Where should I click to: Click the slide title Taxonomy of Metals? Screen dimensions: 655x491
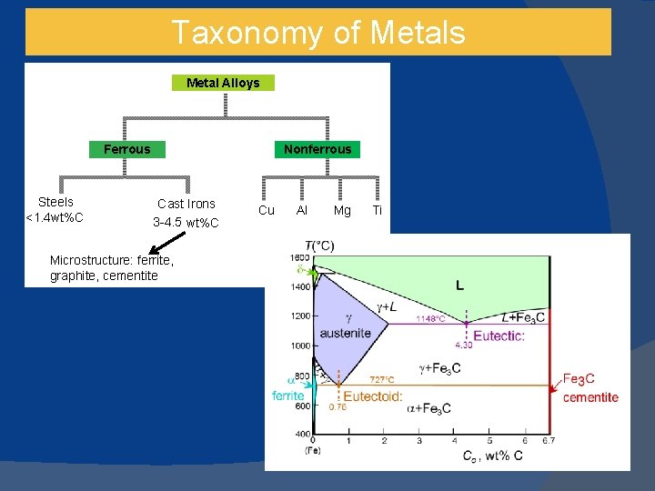(317, 33)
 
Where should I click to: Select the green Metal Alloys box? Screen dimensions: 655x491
(223, 83)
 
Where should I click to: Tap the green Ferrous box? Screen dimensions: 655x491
(127, 149)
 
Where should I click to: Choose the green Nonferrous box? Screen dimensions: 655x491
(317, 149)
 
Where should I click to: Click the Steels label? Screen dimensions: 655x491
(55, 202)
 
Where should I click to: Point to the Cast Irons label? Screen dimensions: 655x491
(186, 204)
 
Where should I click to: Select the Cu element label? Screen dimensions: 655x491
(267, 210)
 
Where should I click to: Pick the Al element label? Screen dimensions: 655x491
(302, 210)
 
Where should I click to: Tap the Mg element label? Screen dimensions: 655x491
(342, 210)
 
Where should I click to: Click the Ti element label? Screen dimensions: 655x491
(378, 210)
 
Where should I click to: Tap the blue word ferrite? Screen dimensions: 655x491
(288, 396)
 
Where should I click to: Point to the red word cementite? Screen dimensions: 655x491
(590, 396)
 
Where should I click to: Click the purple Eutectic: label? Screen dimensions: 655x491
(499, 336)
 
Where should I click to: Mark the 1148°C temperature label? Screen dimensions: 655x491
(430, 319)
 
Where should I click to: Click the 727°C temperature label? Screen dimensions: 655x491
(382, 379)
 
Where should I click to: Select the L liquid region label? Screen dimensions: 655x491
(459, 285)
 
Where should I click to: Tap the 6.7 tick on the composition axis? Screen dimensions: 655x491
(548, 441)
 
